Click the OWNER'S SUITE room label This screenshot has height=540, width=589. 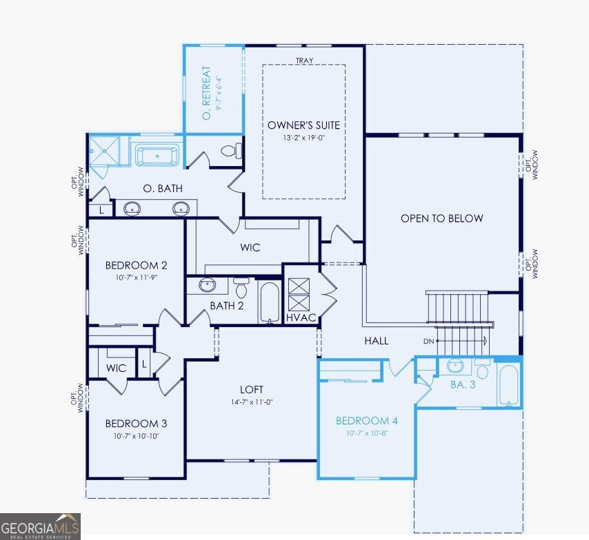(303, 125)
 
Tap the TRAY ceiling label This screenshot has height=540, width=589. (304, 61)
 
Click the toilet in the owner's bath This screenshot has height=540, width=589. (232, 152)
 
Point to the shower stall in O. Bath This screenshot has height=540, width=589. (104, 151)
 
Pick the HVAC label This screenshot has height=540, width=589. (301, 318)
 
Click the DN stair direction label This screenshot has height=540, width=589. (428, 341)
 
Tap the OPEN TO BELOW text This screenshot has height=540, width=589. (441, 218)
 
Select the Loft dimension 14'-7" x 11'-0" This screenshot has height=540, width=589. (252, 402)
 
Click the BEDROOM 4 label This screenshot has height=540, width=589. (367, 421)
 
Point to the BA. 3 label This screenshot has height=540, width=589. (463, 384)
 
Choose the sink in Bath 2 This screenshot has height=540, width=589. (208, 285)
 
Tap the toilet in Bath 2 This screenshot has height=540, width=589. (241, 287)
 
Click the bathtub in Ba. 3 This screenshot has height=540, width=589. (508, 384)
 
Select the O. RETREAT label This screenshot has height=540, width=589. (206, 93)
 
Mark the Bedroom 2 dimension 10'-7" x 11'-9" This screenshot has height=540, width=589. (137, 278)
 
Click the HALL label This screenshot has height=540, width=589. (377, 341)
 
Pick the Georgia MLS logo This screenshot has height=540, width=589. (40, 526)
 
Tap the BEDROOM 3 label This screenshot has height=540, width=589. (136, 424)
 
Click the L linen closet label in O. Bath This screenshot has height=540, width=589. (101, 211)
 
